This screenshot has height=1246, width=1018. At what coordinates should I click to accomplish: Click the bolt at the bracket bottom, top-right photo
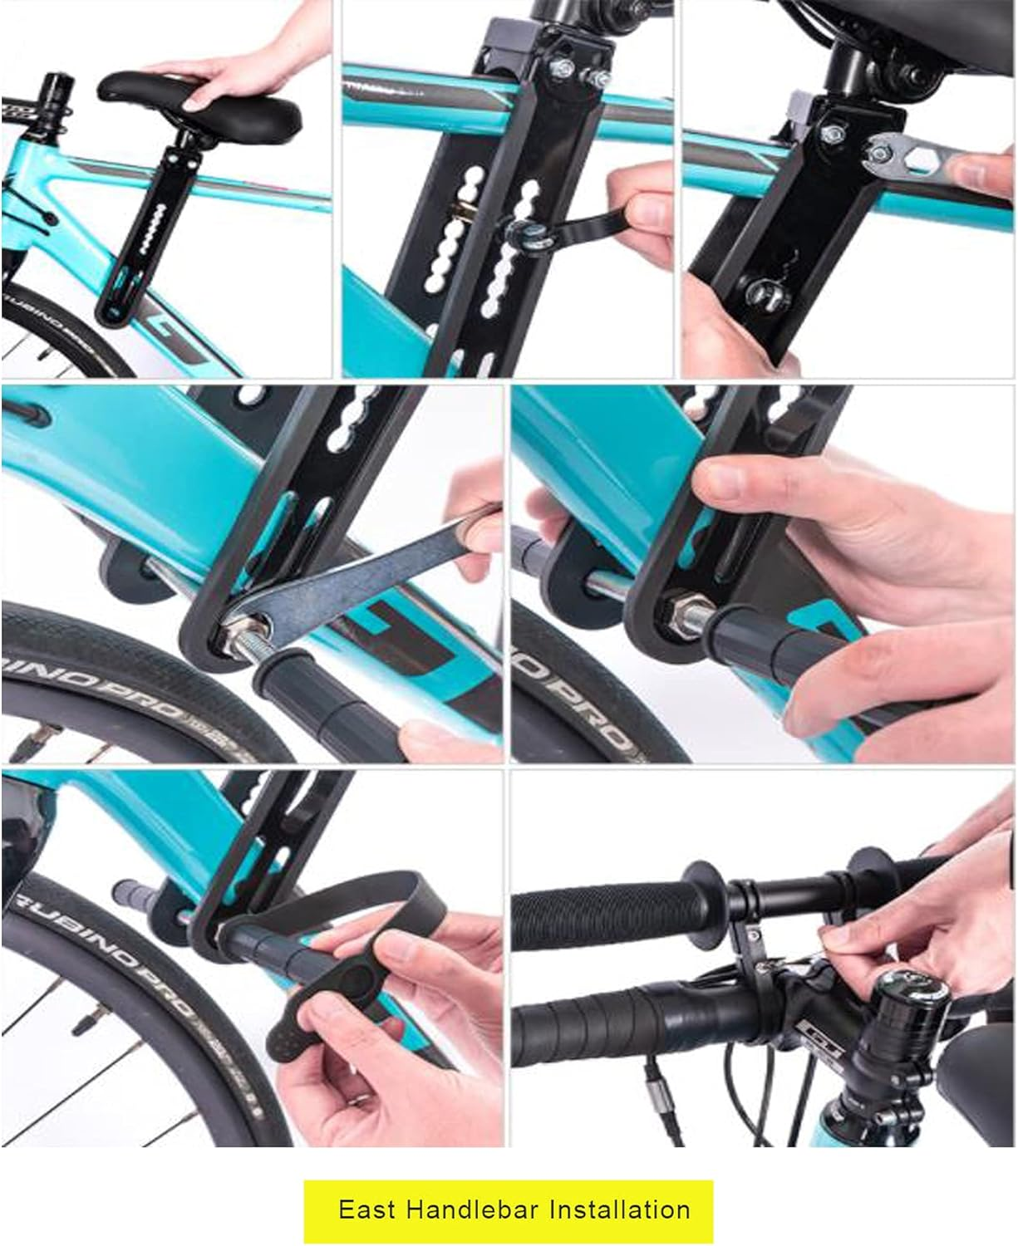click(765, 291)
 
